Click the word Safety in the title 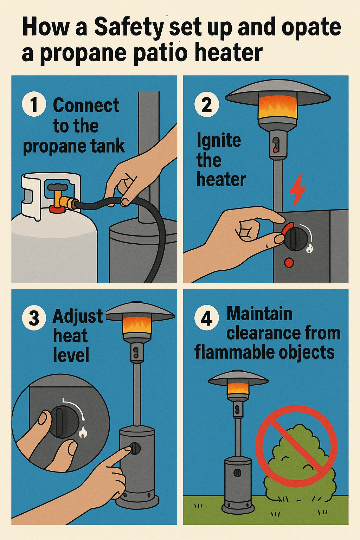pos(129,28)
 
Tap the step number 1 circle pos(34,105)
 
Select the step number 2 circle pos(207,105)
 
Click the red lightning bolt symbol pos(297,189)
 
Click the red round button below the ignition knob pos(289,263)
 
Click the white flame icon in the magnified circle pos(83,431)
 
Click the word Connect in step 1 pos(86,105)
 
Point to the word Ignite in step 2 pos(219,141)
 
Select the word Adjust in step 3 pos(78,316)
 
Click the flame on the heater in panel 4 pos(238,388)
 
